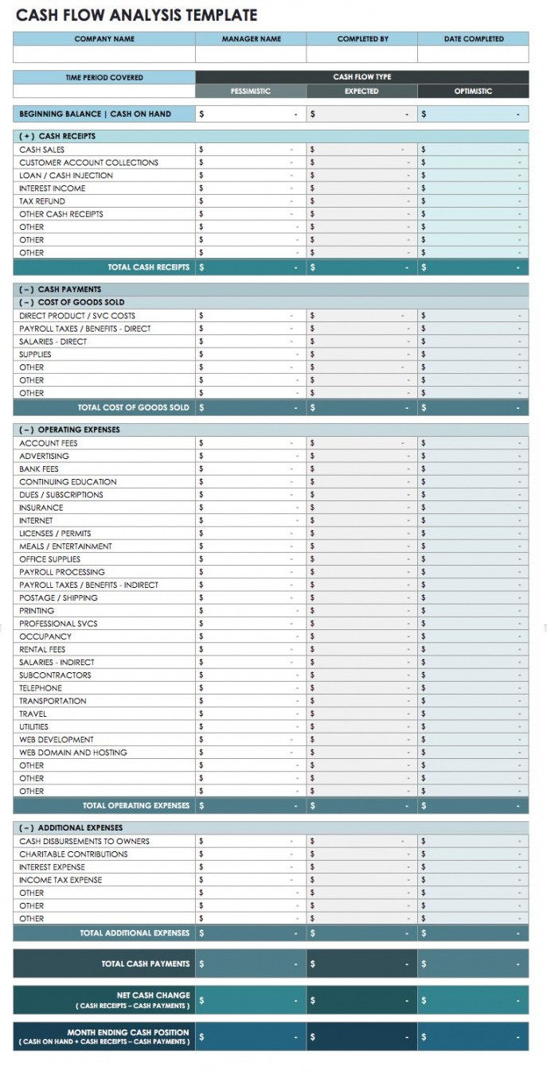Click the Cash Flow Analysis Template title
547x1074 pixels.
(137, 15)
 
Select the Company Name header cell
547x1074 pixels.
(104, 39)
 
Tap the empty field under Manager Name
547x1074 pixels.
(251, 54)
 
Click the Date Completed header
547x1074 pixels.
(473, 39)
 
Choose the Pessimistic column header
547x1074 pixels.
(251, 91)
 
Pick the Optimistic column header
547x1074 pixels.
(473, 91)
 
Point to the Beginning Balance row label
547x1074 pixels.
(96, 114)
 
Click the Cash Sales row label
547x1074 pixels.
(42, 150)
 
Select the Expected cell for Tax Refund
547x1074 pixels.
(361, 201)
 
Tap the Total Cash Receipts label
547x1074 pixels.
(149, 267)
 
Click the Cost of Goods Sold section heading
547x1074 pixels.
(72, 302)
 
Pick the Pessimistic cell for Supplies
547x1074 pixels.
(251, 354)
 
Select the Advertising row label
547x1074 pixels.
(45, 456)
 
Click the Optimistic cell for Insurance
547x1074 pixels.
(473, 508)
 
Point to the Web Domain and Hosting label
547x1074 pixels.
(73, 753)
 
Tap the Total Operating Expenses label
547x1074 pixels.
(136, 805)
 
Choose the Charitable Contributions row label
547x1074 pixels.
(73, 854)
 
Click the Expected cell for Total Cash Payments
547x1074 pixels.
(361, 964)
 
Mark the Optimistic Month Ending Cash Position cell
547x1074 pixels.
(473, 1037)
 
